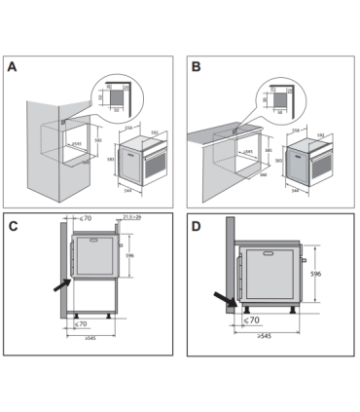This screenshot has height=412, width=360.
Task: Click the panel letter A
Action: [x=13, y=69]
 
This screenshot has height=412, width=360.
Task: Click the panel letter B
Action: [x=197, y=69]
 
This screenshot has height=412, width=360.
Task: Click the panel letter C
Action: [x=14, y=226]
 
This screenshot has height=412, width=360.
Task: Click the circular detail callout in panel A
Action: [x=113, y=96]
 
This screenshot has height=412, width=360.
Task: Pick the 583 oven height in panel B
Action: [x=277, y=159]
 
